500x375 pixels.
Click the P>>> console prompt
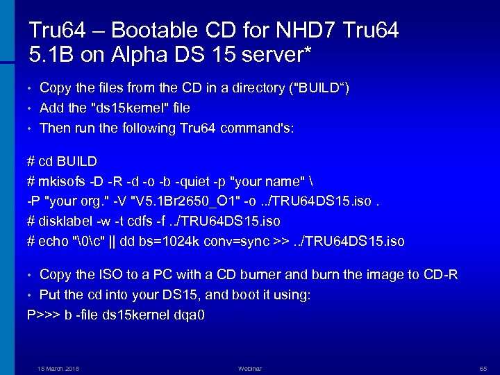coord(42,315)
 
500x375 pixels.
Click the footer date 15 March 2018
coord(58,368)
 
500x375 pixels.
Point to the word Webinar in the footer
coord(250,368)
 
